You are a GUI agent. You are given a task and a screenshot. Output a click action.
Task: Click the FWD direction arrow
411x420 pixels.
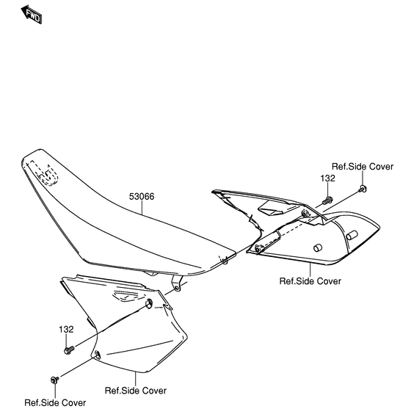click(32, 15)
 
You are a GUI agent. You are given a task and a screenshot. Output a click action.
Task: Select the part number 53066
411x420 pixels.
click(142, 197)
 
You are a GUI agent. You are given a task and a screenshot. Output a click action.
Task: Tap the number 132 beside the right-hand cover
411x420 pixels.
click(328, 178)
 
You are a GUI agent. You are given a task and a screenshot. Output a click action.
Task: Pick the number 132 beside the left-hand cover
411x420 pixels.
click(66, 330)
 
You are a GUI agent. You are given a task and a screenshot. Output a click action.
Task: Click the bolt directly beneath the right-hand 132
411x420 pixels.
click(328, 200)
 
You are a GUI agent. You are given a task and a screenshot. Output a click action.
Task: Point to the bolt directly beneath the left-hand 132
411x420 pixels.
click(69, 350)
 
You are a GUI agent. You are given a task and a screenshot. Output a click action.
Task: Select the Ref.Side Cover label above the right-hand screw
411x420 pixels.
click(363, 167)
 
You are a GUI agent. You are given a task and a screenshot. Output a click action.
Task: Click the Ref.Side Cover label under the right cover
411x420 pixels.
click(310, 281)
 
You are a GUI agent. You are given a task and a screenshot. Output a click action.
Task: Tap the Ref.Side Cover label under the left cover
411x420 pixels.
click(136, 391)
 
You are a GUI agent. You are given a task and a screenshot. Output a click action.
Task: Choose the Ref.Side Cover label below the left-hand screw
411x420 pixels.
click(55, 403)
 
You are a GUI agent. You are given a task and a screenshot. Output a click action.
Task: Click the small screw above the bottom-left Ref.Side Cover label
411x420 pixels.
click(54, 380)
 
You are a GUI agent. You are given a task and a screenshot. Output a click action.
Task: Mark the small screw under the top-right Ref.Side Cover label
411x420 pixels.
click(363, 189)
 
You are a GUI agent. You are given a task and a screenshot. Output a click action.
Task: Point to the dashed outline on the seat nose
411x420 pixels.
click(43, 173)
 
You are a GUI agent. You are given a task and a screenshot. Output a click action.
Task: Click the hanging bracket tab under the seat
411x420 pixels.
click(177, 284)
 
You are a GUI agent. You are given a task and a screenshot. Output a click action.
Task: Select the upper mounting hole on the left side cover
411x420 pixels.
click(148, 303)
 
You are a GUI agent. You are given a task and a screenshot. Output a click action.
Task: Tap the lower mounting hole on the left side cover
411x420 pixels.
click(97, 355)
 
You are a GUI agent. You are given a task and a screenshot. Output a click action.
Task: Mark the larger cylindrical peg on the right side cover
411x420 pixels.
click(352, 235)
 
